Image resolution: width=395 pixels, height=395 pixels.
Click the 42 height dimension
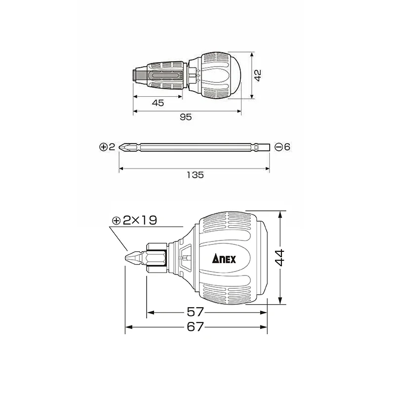258,76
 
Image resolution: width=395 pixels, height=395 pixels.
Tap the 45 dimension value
158,103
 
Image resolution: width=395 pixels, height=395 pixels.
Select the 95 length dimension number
186,117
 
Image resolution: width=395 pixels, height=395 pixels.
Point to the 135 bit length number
195,175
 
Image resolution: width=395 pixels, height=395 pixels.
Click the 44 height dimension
279,258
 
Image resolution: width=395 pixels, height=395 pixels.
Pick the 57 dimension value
195,313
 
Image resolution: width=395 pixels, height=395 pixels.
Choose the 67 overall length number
195,327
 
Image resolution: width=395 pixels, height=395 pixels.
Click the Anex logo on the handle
224,259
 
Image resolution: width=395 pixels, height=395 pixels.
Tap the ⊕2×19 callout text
135,220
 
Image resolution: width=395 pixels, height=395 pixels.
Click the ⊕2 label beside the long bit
107,147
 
